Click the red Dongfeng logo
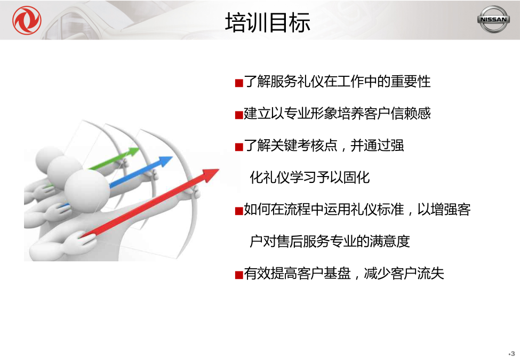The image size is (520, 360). (27, 20)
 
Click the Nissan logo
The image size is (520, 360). (493, 19)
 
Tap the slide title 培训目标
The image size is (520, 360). (268, 22)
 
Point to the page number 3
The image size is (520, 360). (513, 354)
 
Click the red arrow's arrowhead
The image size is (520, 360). (210, 175)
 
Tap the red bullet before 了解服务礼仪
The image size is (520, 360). (239, 83)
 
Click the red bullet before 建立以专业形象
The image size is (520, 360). (239, 115)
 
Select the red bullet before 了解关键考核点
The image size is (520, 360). (239, 147)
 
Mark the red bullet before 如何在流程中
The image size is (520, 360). (239, 211)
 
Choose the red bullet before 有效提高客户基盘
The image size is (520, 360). (239, 275)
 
